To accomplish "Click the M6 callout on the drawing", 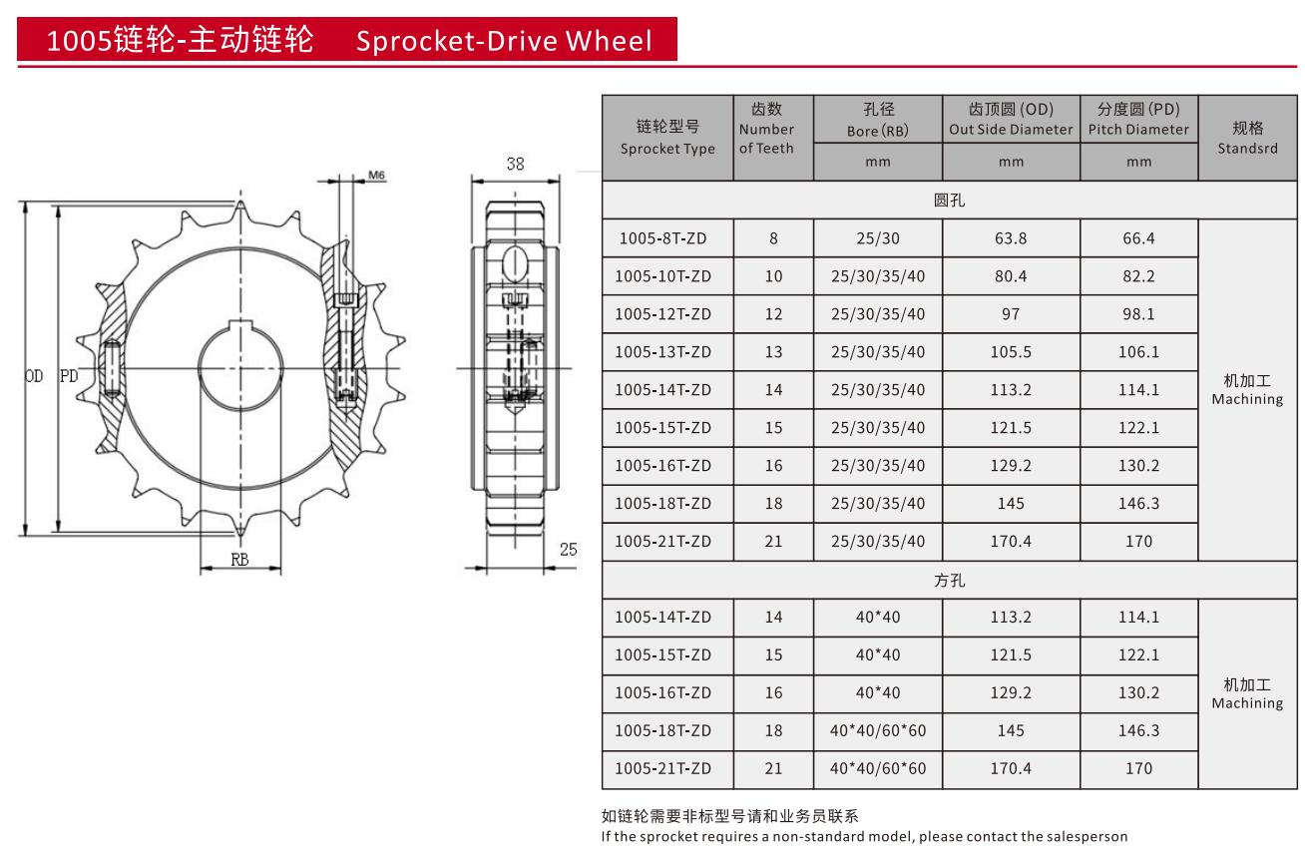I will [377, 176].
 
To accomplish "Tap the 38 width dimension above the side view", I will [515, 165].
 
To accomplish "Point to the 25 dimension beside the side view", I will [568, 549].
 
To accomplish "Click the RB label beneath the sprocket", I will [239, 560].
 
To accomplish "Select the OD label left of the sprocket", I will [34, 376].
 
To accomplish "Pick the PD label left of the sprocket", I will [69, 376].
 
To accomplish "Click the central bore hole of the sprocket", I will [239, 368].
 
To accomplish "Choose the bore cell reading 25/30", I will [877, 238].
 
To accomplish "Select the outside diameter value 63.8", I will [1010, 238].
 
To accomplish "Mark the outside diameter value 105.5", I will [1010, 352].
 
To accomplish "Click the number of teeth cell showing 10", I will [773, 276].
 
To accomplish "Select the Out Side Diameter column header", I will [1011, 119].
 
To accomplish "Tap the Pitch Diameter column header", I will [1138, 119].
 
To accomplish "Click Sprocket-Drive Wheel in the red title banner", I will [504, 41].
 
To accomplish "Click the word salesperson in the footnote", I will [1088, 836].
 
